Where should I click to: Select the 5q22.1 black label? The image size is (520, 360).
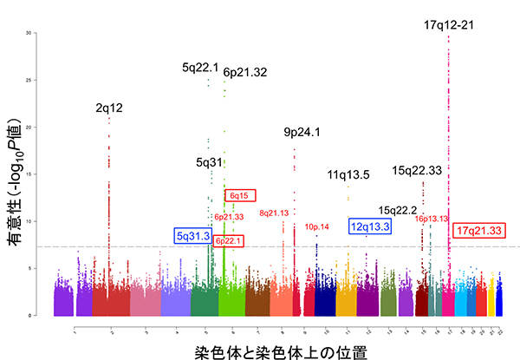point(200,67)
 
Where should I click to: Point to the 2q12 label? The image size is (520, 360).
point(109,108)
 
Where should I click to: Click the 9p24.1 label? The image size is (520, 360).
point(302,132)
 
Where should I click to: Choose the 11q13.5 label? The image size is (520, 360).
point(348,175)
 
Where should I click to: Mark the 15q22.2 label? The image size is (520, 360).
point(399,210)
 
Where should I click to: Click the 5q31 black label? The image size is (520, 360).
point(210,161)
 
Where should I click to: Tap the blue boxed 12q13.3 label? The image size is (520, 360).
point(370,226)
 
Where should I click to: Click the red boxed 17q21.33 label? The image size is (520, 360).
point(479,231)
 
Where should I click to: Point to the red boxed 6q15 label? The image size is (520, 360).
point(239,196)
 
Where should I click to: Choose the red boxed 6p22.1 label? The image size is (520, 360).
point(229,240)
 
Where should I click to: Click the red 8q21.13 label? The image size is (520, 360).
point(274,212)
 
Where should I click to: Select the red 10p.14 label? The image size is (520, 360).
point(317,226)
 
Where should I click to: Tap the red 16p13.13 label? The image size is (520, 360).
point(431,219)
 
